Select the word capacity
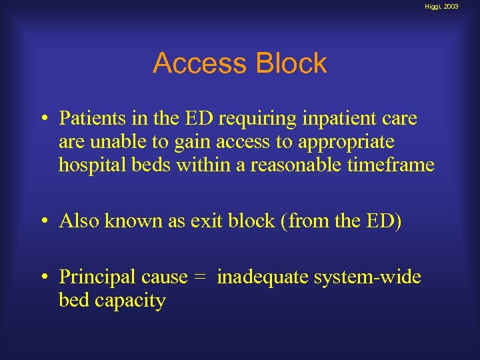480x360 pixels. pos(130,301)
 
